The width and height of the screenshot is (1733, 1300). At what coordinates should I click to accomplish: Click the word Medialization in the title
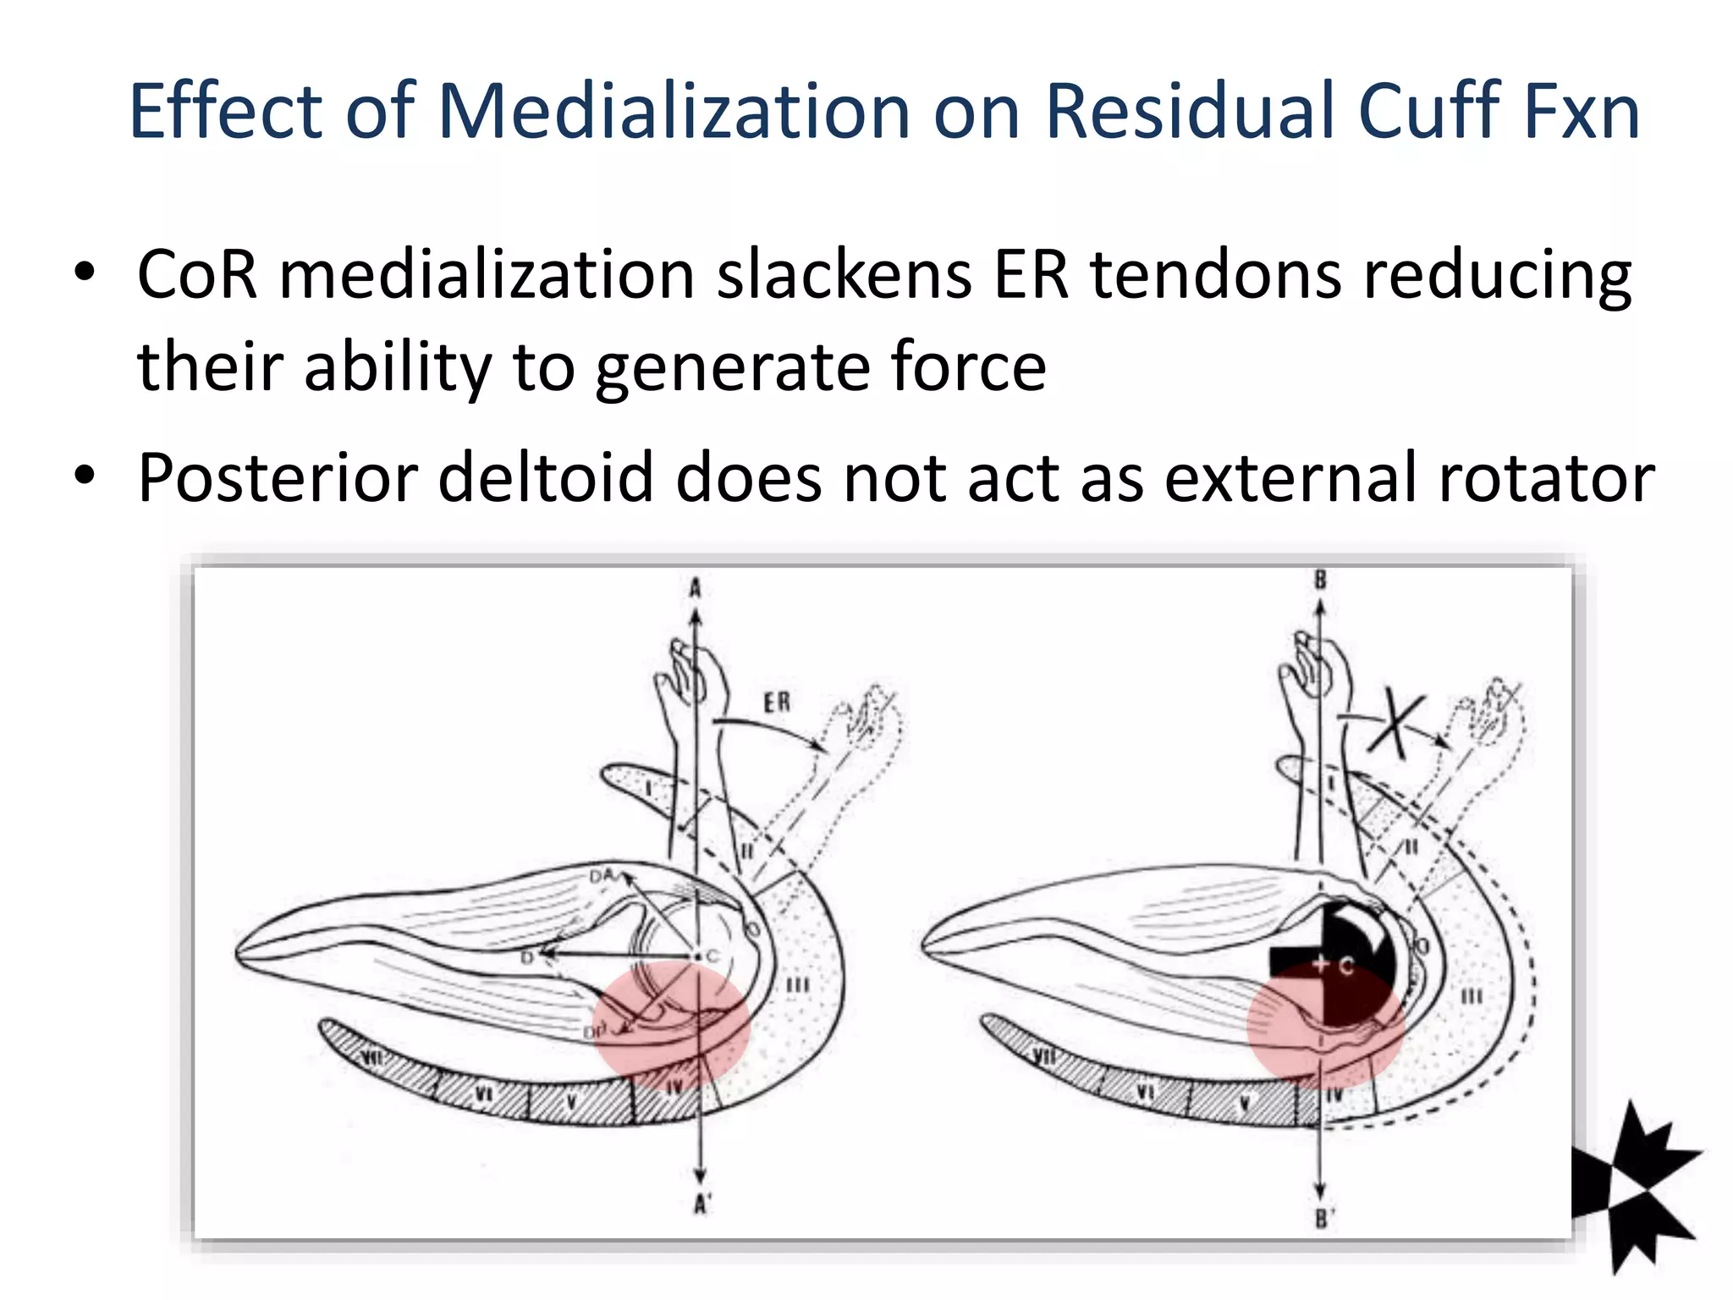(673, 112)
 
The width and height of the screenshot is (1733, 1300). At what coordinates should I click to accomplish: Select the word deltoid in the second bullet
(547, 478)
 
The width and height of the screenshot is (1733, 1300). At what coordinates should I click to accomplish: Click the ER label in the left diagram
(777, 702)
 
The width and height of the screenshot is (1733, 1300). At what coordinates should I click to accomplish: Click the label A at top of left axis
(695, 587)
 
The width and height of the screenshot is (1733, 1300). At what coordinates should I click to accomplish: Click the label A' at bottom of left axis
(701, 1204)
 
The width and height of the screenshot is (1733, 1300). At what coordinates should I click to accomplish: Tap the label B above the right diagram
(1320, 581)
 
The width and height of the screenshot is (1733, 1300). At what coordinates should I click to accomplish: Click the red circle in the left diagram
(670, 1024)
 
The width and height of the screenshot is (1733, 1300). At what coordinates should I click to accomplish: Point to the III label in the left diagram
(797, 985)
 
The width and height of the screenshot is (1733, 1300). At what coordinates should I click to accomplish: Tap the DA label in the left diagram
(602, 877)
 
